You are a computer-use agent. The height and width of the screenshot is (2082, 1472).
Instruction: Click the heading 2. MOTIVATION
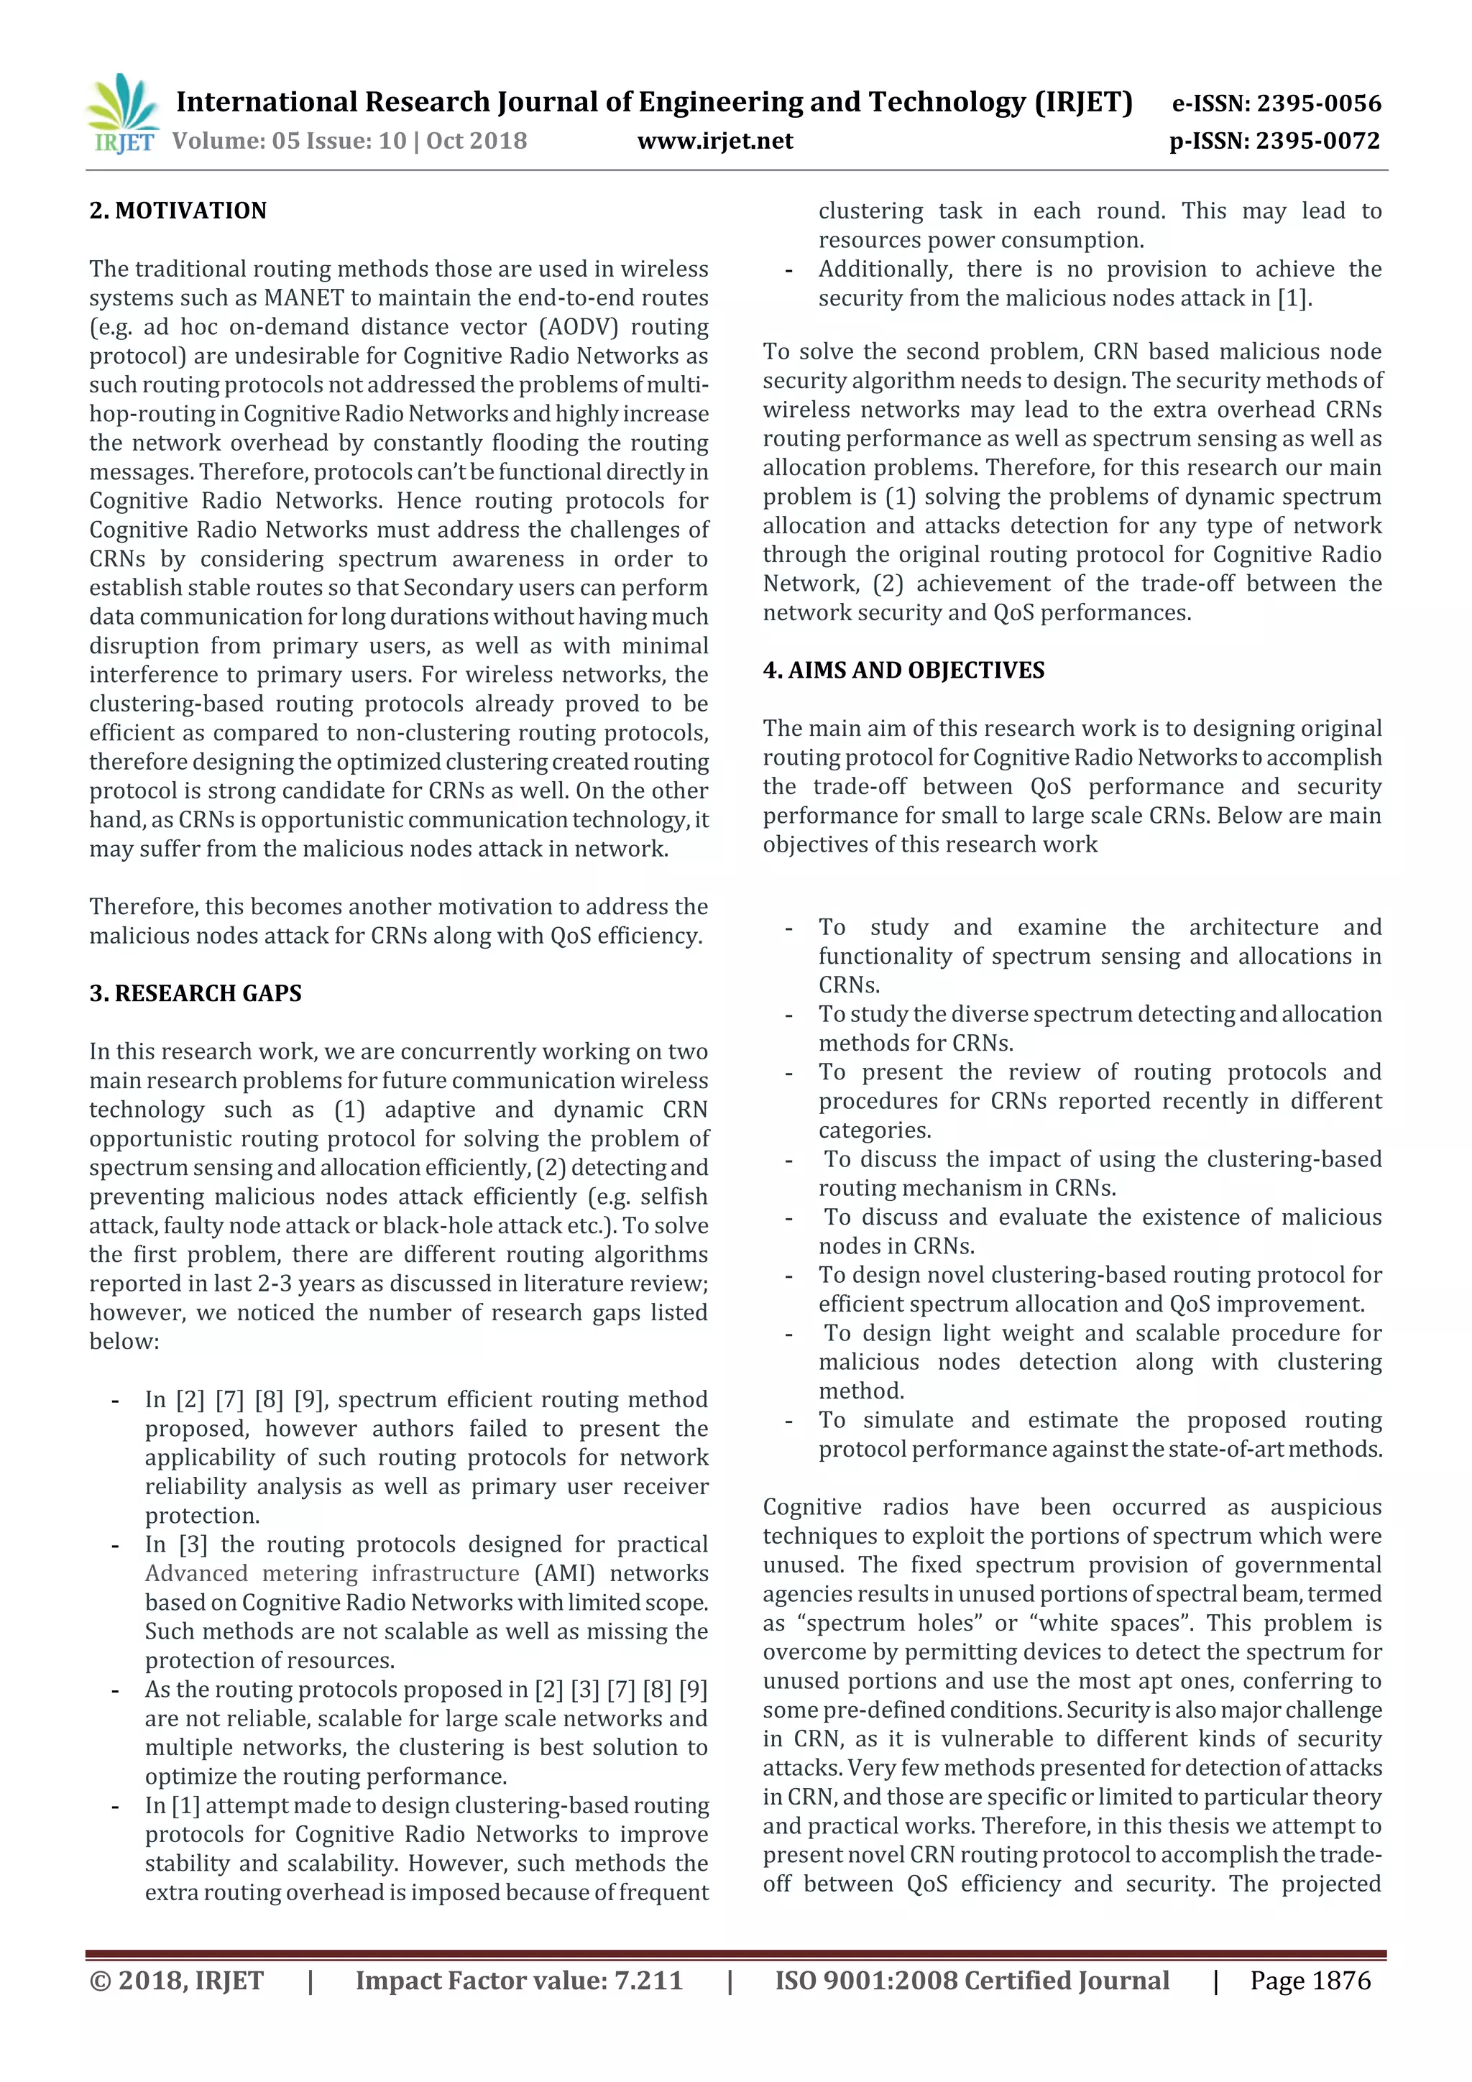coord(178,211)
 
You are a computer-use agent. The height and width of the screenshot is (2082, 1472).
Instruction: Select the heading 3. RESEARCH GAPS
coord(195,993)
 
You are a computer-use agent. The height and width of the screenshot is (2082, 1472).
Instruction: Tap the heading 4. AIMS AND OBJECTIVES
coord(903,670)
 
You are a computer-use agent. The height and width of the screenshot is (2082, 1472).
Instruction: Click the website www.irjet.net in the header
coord(714,142)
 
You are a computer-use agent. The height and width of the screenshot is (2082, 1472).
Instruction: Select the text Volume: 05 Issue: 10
coord(288,142)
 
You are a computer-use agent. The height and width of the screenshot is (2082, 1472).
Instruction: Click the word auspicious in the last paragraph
coord(1325,1507)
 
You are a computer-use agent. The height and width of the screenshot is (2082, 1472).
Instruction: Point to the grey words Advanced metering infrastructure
coord(332,1573)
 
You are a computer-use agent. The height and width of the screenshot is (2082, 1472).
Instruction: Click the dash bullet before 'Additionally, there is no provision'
coord(789,270)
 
